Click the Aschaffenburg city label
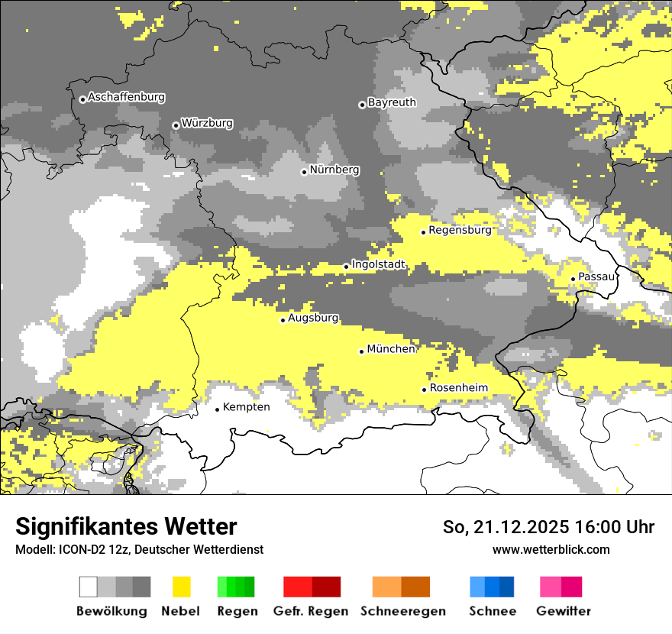(126, 98)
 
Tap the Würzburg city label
(207, 123)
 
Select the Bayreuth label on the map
(392, 102)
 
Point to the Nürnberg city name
(334, 170)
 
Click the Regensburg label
(460, 230)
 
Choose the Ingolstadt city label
(379, 265)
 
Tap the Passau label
(596, 277)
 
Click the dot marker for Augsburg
(283, 320)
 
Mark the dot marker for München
(362, 351)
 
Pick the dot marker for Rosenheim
(425, 390)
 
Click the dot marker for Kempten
(218, 409)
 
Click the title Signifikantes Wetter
(126, 527)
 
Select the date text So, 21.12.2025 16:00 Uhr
(548, 527)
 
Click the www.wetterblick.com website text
(551, 549)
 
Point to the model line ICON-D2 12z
(139, 549)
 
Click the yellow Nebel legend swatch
(182, 587)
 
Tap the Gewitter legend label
(563, 611)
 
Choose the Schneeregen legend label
(402, 611)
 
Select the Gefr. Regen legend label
(311, 611)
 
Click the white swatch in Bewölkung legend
(89, 587)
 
